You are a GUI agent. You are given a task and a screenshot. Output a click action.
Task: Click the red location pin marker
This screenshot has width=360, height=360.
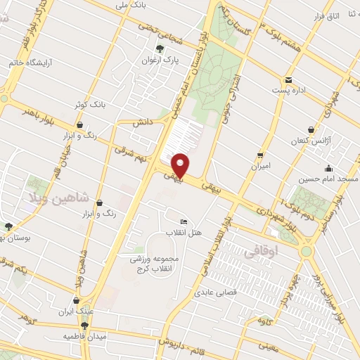tap(180, 165)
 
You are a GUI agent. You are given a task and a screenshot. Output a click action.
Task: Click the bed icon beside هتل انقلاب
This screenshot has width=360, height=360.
tap(184, 221)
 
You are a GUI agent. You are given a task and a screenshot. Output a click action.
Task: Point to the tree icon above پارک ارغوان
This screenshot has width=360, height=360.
tap(160, 49)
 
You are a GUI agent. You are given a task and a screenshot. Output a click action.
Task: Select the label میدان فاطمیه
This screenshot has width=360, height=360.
tap(82, 336)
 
